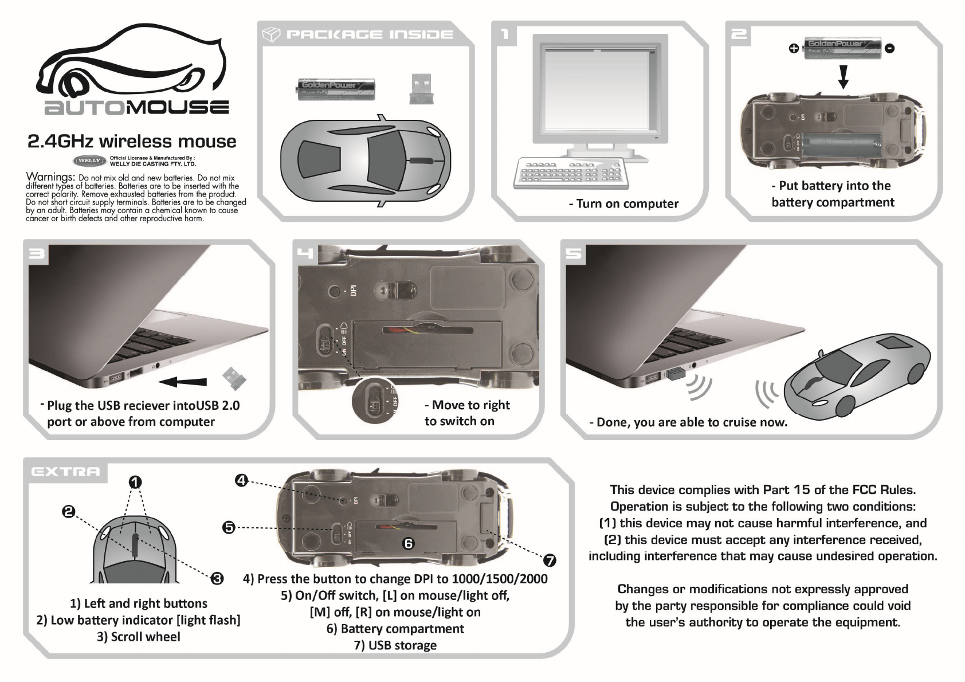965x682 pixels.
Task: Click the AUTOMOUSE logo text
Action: tap(137, 107)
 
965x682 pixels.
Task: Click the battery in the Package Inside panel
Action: tap(335, 89)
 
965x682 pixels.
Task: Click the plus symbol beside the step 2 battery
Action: tap(794, 49)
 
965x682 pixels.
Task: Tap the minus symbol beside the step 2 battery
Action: tap(889, 49)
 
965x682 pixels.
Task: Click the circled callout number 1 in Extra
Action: tap(135, 482)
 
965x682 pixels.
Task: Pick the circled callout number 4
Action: tap(241, 480)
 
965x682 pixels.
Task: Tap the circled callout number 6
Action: tap(408, 543)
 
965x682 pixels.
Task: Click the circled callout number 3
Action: tap(217, 578)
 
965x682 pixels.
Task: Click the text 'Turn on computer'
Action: tap(623, 204)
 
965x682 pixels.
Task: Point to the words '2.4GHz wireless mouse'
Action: tap(132, 142)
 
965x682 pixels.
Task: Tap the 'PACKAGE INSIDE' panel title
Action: tap(369, 35)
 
